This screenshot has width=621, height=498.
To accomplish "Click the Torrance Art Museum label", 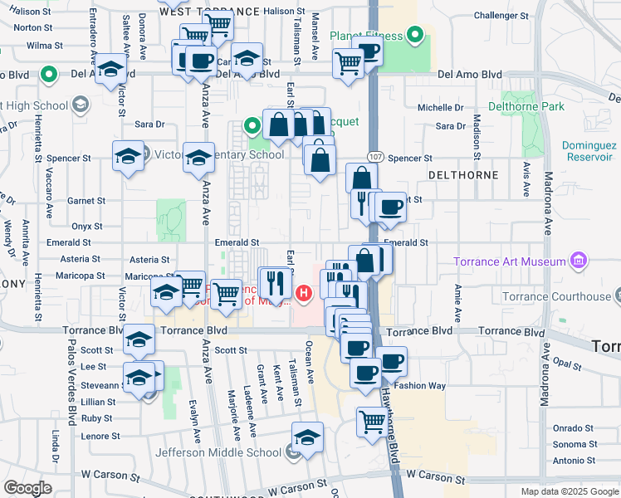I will (x=510, y=263).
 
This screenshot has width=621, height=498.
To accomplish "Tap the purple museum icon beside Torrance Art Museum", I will (x=579, y=263).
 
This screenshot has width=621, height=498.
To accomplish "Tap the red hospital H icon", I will (x=304, y=292).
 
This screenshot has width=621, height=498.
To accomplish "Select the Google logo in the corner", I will (x=27, y=487).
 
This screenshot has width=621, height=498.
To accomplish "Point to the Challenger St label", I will (x=501, y=16).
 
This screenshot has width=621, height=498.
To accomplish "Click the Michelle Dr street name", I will (x=441, y=108).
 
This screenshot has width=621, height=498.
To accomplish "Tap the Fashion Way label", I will (x=420, y=386).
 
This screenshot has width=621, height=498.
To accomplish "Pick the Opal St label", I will (x=569, y=363).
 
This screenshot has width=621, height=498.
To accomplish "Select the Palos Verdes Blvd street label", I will (x=73, y=398).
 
